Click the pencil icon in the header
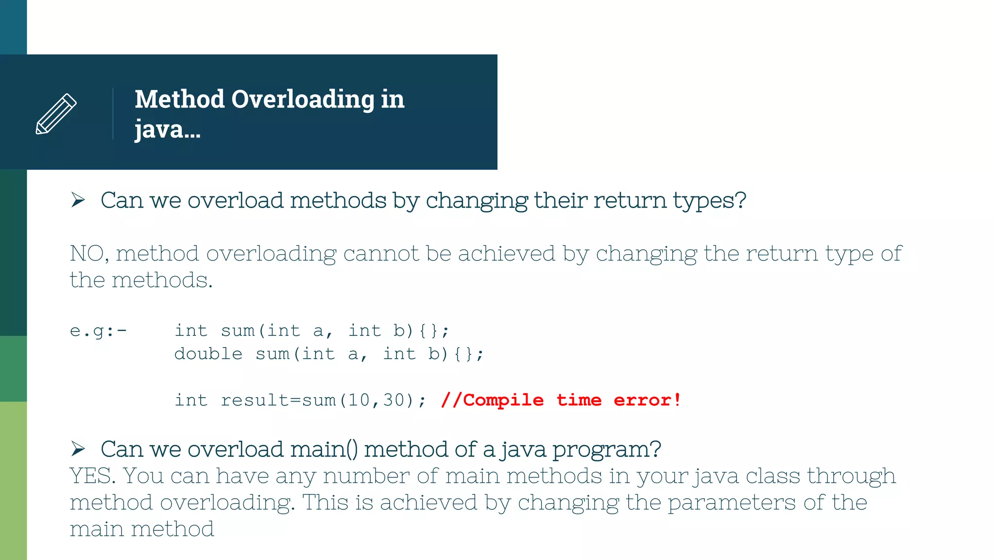[56, 113]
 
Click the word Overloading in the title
[303, 99]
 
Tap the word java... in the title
[167, 129]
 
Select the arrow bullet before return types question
[78, 200]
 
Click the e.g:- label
[98, 331]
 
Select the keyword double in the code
[208, 354]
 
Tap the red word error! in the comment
[647, 400]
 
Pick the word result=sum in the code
[278, 400]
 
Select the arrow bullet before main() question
[78, 448]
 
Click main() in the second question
[324, 449]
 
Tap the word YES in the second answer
[92, 475]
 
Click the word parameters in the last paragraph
[731, 503]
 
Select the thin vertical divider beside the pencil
[113, 113]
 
